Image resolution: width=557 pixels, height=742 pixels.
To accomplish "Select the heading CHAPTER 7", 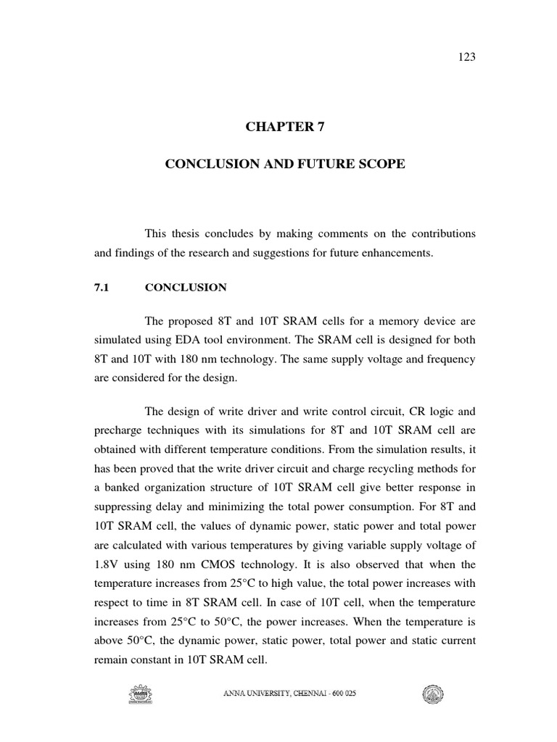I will (x=285, y=128).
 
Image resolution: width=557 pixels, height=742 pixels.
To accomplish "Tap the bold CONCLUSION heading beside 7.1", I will (x=186, y=288).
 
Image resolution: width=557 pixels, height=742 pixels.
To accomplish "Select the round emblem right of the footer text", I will (x=433, y=696).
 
